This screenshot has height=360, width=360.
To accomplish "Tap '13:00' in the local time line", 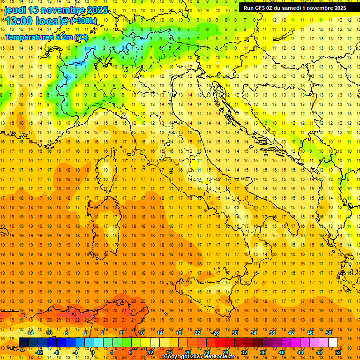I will click(x=19, y=20).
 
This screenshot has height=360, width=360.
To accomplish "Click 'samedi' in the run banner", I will click(x=290, y=7).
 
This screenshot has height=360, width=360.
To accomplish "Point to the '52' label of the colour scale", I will click(x=338, y=352).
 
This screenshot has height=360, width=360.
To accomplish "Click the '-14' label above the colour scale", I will click(x=30, y=333).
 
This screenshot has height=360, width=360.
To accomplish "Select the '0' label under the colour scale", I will click(x=92, y=352).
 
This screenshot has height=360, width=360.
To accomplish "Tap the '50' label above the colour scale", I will click(x=328, y=333).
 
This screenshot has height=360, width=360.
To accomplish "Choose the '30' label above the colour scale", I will click(x=234, y=333).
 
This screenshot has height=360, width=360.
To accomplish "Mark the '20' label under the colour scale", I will click(x=187, y=352).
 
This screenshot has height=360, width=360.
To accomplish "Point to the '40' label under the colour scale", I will click(x=282, y=352).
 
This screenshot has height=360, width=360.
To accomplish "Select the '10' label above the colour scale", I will click(x=141, y=333).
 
